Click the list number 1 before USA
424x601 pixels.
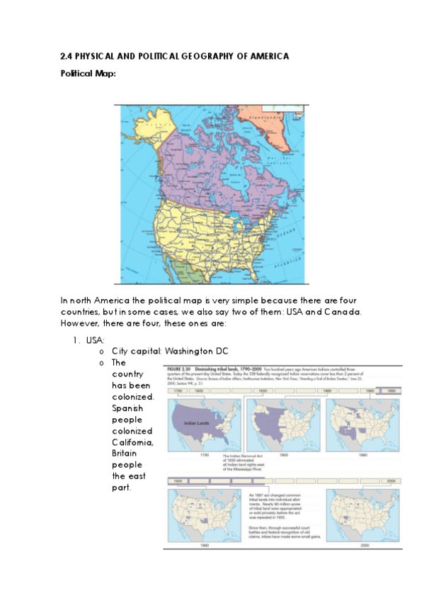74,340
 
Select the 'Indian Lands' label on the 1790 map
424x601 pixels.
196,424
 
